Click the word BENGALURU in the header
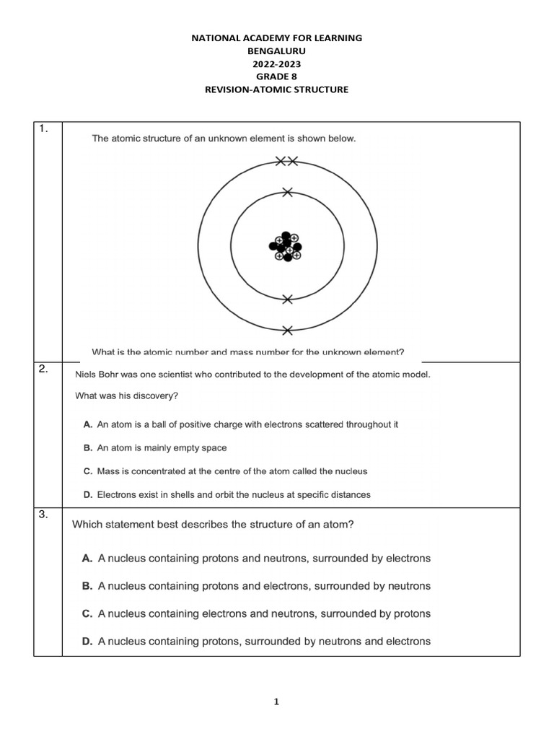[277, 51]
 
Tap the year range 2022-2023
[277, 64]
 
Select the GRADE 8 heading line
[277, 76]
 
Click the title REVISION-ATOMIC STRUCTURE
[277, 89]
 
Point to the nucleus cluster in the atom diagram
[286, 247]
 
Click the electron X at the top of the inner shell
[288, 192]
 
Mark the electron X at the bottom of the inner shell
[288, 299]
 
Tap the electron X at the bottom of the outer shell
[288, 331]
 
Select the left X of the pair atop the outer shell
[281, 162]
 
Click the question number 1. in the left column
[44, 129]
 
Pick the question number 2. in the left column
[44, 369]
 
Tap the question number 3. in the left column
[44, 515]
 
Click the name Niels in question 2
[87, 374]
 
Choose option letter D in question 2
[88, 495]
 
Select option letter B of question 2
[88, 448]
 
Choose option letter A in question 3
[87, 559]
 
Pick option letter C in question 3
[87, 613]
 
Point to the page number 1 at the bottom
[277, 701]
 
